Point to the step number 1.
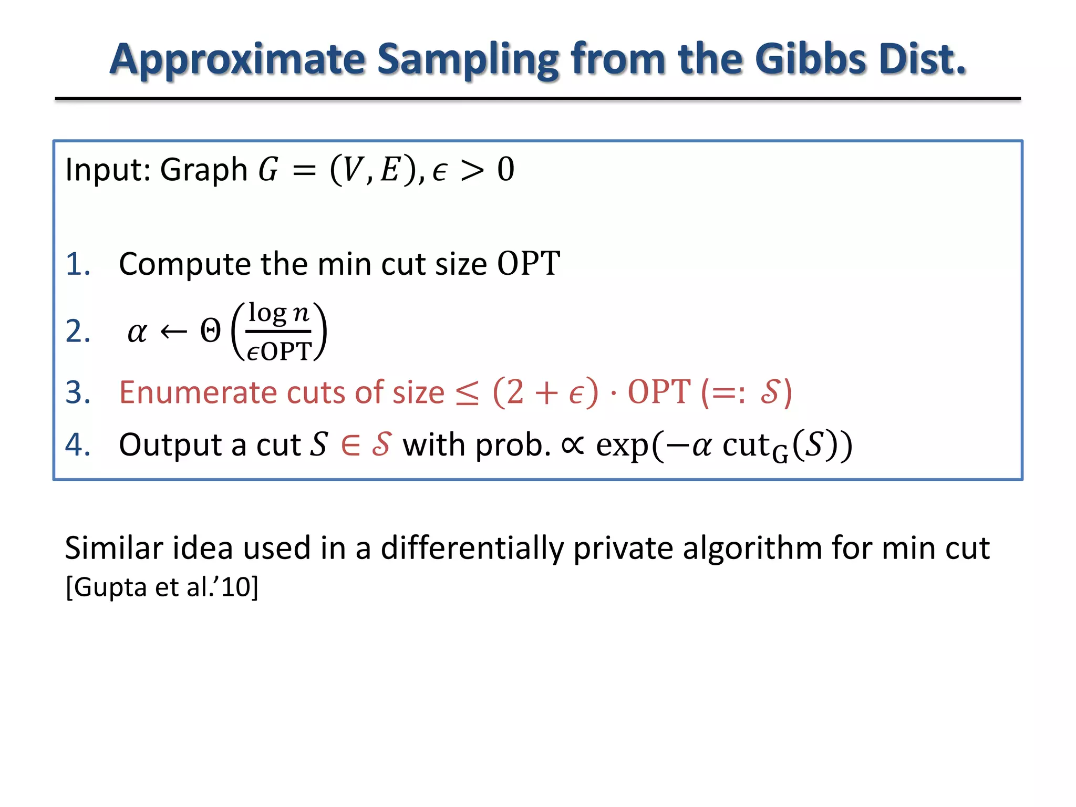pos(78,264)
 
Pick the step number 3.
pos(78,392)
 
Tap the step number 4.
pos(78,445)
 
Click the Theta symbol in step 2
pos(211,332)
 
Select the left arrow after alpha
pos(173,332)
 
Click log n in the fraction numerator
pos(278,314)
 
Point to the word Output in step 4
pos(171,445)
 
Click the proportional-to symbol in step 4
pos(573,445)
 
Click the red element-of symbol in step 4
pos(351,445)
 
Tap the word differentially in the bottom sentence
pos(471,548)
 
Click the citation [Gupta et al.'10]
pos(162,587)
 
